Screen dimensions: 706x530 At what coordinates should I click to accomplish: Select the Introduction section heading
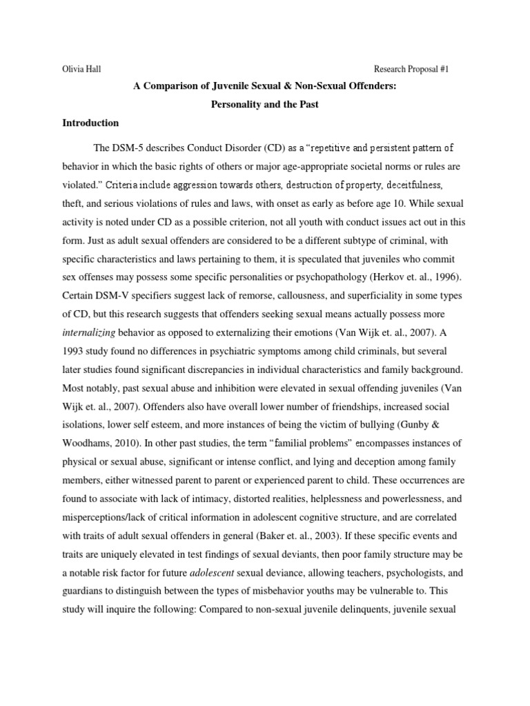[x=90, y=123]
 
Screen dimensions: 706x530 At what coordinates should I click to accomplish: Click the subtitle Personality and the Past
[x=264, y=105]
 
